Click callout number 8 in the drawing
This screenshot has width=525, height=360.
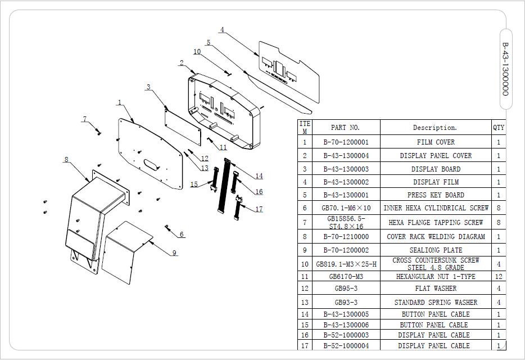[x=66, y=160]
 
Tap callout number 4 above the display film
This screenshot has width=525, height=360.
[x=222, y=30]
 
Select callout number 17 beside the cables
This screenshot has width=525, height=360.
[x=259, y=209]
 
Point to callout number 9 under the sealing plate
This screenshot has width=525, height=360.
[x=174, y=253]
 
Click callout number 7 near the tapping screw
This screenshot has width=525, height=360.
[x=85, y=119]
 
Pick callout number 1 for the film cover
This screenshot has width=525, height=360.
[x=120, y=102]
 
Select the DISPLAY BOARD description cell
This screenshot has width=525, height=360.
[x=435, y=169]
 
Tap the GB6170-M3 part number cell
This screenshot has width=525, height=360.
[x=346, y=276]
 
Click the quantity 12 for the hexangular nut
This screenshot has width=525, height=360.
[x=498, y=276]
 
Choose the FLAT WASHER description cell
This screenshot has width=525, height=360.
[x=435, y=289]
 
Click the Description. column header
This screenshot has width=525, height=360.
[x=435, y=128]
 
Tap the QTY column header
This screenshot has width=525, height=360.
[x=499, y=128]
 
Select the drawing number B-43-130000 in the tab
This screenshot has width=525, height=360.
[x=505, y=69]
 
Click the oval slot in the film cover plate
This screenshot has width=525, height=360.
[x=152, y=164]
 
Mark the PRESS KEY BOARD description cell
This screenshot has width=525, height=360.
[x=435, y=195]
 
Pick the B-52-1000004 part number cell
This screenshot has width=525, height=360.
[x=346, y=345]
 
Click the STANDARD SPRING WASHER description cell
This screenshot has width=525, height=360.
[x=435, y=303]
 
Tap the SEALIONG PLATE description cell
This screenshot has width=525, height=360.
[x=435, y=250]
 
